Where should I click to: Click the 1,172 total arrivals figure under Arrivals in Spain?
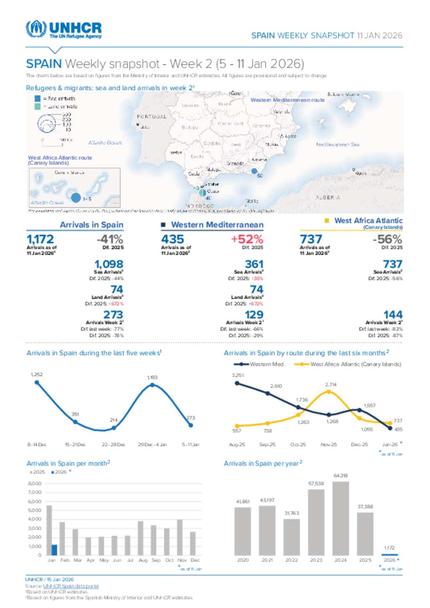[40, 239]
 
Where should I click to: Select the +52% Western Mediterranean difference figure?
[247, 239]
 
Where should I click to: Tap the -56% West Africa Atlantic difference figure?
[387, 239]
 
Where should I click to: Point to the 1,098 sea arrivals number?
[109, 264]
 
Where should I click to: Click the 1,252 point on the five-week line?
[37, 382]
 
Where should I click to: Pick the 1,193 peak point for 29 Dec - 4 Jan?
[152, 385]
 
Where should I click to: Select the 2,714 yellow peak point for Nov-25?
[329, 391]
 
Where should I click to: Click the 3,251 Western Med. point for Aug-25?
[237, 383]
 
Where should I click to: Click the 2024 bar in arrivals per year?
[341, 518]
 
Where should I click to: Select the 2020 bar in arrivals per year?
[242, 531]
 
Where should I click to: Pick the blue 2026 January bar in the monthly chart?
[54, 550]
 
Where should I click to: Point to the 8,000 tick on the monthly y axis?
[35, 483]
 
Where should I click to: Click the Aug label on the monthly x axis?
[143, 560]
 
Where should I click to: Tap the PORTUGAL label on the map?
[152, 117]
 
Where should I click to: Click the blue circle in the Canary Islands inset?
[76, 197]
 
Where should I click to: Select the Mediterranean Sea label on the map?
[338, 144]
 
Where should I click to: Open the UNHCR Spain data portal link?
[71, 586]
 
